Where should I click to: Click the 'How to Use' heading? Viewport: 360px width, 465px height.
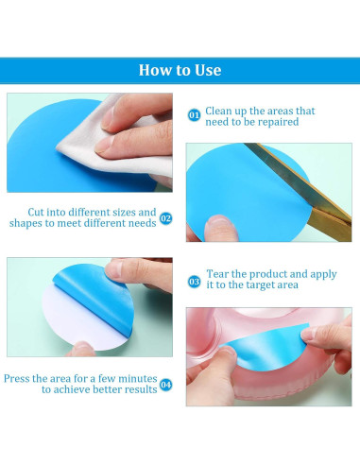point(180,70)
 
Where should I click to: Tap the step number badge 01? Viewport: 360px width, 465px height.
point(194,115)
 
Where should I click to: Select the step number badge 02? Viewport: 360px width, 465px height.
point(166,218)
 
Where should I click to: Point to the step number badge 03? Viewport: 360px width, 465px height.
point(194,282)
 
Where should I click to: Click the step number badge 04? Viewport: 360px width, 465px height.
point(166,385)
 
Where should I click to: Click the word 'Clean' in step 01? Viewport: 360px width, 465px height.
point(218,111)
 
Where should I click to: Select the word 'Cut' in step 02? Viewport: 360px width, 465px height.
point(35,212)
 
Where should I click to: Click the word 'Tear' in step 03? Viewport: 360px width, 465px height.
point(217,274)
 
